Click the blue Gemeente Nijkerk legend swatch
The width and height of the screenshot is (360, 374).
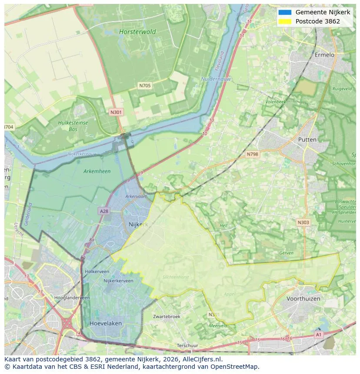285,13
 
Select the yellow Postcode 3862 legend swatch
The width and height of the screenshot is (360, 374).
285,21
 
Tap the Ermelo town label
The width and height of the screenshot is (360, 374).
324,55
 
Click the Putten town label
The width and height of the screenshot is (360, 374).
307,139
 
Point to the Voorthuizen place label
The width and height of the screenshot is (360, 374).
303,299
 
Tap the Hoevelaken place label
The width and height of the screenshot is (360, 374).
106,324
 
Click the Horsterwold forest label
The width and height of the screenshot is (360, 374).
137,32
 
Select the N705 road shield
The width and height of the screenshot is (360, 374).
145,86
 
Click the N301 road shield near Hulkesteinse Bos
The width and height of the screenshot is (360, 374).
116,112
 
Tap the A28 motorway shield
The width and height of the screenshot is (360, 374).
103,211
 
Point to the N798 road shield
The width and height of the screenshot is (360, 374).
252,154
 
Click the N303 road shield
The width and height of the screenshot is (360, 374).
303,222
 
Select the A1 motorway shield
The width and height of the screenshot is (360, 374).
318,334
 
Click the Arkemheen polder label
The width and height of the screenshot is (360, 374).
97,171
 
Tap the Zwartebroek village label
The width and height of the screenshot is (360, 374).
167,317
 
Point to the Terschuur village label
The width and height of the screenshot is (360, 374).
187,346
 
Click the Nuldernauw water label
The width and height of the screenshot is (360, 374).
216,79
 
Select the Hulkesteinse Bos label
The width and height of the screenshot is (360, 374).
73,126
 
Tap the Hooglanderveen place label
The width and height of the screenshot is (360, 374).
72,298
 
